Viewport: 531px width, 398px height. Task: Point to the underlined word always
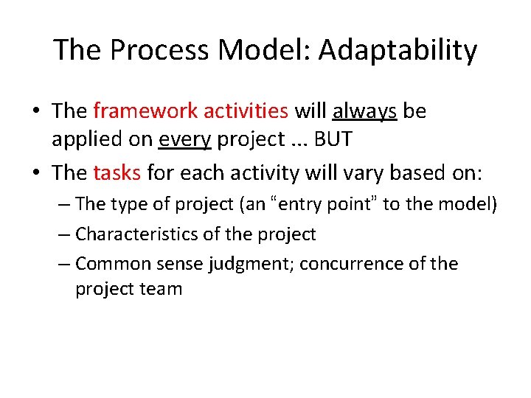tap(365, 111)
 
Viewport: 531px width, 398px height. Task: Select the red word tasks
tap(118, 173)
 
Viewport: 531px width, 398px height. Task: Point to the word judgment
tap(225, 264)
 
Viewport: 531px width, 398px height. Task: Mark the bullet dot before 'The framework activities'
tap(36, 112)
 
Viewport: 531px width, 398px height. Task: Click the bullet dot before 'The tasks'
tap(36, 174)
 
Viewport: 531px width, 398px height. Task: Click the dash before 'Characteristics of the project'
tap(63, 235)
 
